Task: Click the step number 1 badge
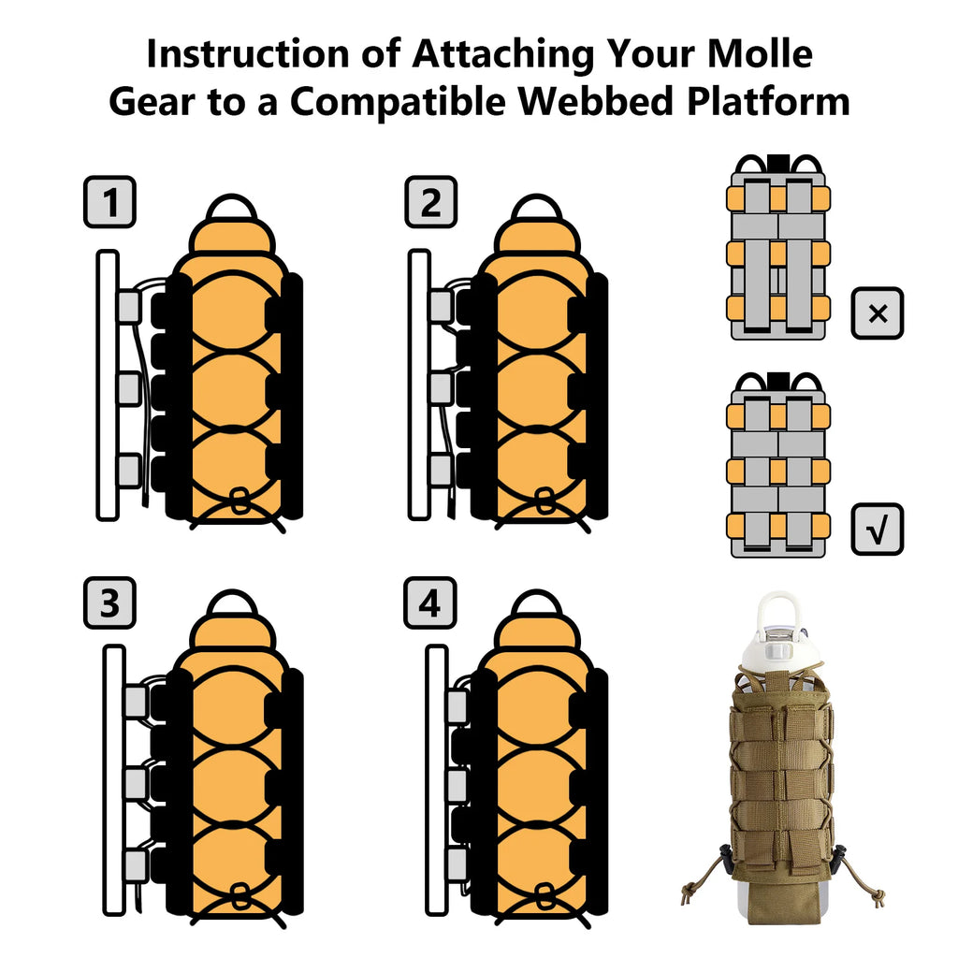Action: point(110,202)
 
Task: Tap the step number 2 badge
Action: point(430,202)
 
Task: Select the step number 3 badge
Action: point(110,603)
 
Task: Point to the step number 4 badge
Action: point(430,603)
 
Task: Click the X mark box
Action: point(878,313)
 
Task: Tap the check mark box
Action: point(878,530)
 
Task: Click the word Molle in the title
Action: point(760,53)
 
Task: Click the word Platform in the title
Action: point(768,101)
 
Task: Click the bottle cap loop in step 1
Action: point(232,207)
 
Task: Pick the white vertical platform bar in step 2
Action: point(419,385)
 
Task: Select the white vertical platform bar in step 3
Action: point(113,780)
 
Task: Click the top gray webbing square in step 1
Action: point(129,307)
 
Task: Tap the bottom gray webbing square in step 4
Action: point(457,865)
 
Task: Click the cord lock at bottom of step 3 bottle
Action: point(239,895)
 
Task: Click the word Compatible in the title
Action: point(398,101)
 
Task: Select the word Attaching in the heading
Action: point(502,53)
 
